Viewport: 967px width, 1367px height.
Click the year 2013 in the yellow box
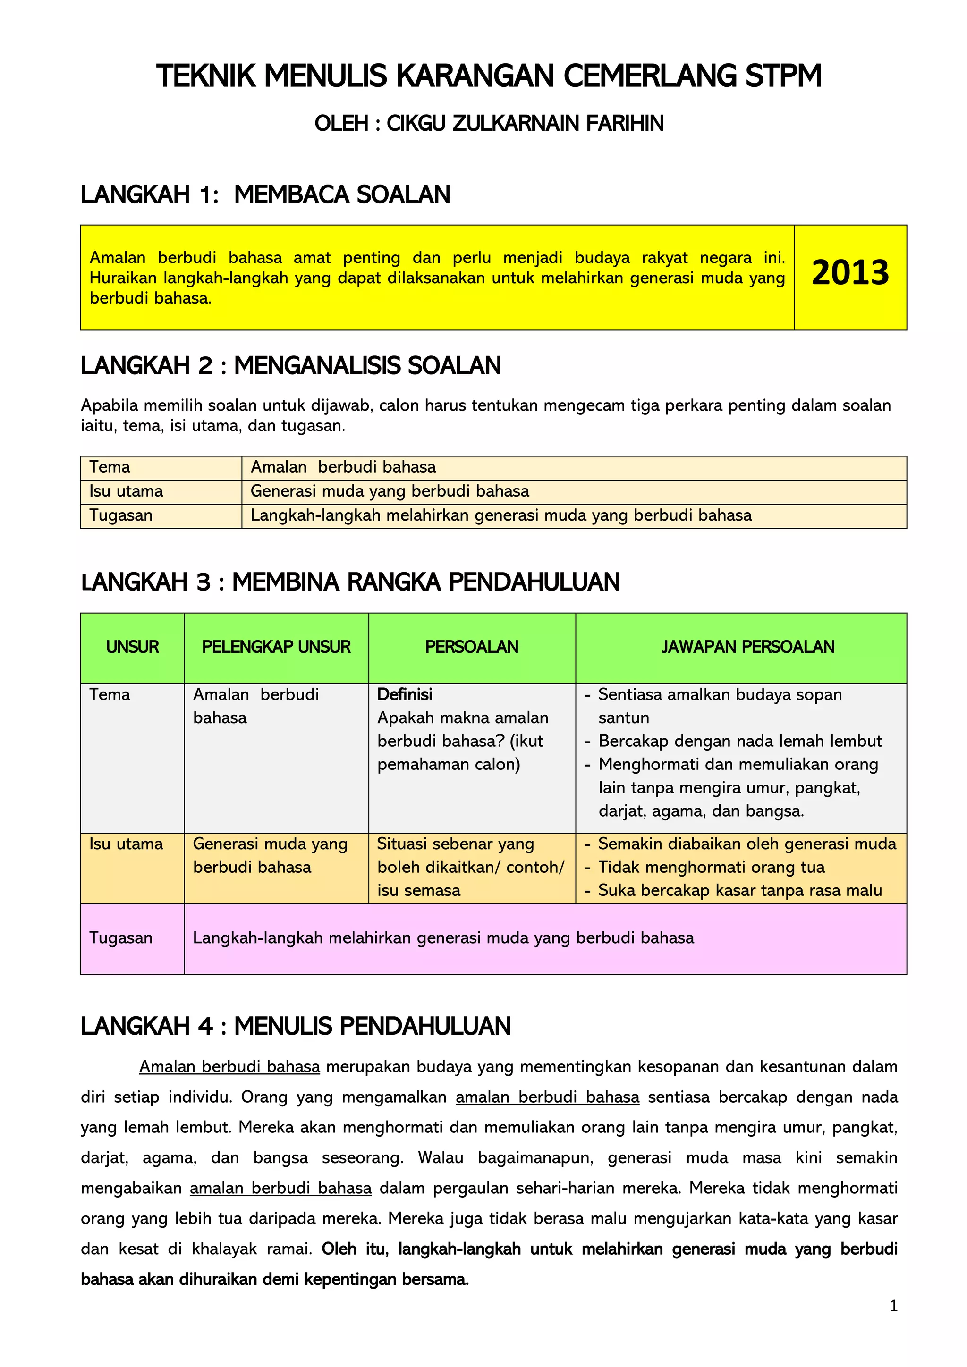pos(850,273)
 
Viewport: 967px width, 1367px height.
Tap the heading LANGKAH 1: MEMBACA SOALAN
pos(265,194)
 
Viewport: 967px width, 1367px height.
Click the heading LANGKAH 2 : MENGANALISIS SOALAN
pos(290,365)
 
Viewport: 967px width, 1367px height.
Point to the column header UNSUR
pos(132,647)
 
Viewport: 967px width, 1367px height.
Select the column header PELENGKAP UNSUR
pos(276,647)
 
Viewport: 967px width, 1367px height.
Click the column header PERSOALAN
pos(472,647)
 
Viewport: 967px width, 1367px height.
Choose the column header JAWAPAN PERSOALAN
pos(748,647)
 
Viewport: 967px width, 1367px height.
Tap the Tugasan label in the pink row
pos(121,938)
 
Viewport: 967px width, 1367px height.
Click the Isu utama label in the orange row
pos(126,844)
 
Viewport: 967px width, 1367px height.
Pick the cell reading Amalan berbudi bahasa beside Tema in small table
pos(343,467)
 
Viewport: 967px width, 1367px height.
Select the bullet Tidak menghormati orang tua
pos(711,868)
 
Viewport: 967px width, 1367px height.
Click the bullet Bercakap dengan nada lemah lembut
pos(739,741)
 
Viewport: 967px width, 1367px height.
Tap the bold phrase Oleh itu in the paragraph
pos(354,1249)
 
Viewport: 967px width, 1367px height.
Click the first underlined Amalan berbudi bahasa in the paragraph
pos(229,1067)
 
